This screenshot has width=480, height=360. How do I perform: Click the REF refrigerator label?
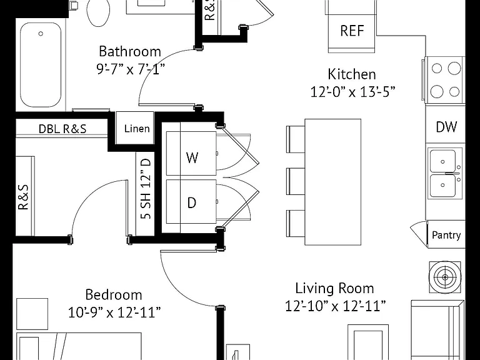[x=352, y=31]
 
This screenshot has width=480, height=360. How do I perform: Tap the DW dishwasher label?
[x=446, y=127]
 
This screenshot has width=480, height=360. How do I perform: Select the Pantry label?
[x=446, y=235]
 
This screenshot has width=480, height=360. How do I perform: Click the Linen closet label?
[x=137, y=129]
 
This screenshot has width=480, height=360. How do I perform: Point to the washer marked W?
[x=191, y=154]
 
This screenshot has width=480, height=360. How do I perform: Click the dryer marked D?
[x=191, y=202]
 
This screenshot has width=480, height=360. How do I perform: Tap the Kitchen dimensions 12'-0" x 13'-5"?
[x=352, y=91]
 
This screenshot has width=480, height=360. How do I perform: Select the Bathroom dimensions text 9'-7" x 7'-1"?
[x=131, y=69]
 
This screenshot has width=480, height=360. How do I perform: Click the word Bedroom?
[x=114, y=295]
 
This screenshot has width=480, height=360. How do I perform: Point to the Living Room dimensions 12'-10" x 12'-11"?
[x=335, y=306]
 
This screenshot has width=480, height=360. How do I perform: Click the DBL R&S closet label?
[x=62, y=129]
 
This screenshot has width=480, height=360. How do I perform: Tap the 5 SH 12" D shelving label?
[x=146, y=189]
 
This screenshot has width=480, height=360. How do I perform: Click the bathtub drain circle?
[x=41, y=34]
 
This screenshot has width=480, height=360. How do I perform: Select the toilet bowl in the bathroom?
[x=98, y=11]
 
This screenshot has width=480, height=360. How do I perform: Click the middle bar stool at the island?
[x=296, y=181]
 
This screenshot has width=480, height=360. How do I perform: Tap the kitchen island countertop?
[x=332, y=182]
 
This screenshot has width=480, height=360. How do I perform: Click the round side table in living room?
[x=445, y=277]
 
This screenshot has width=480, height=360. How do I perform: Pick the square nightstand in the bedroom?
[x=32, y=314]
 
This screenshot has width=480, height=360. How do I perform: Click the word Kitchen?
[x=352, y=74]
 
